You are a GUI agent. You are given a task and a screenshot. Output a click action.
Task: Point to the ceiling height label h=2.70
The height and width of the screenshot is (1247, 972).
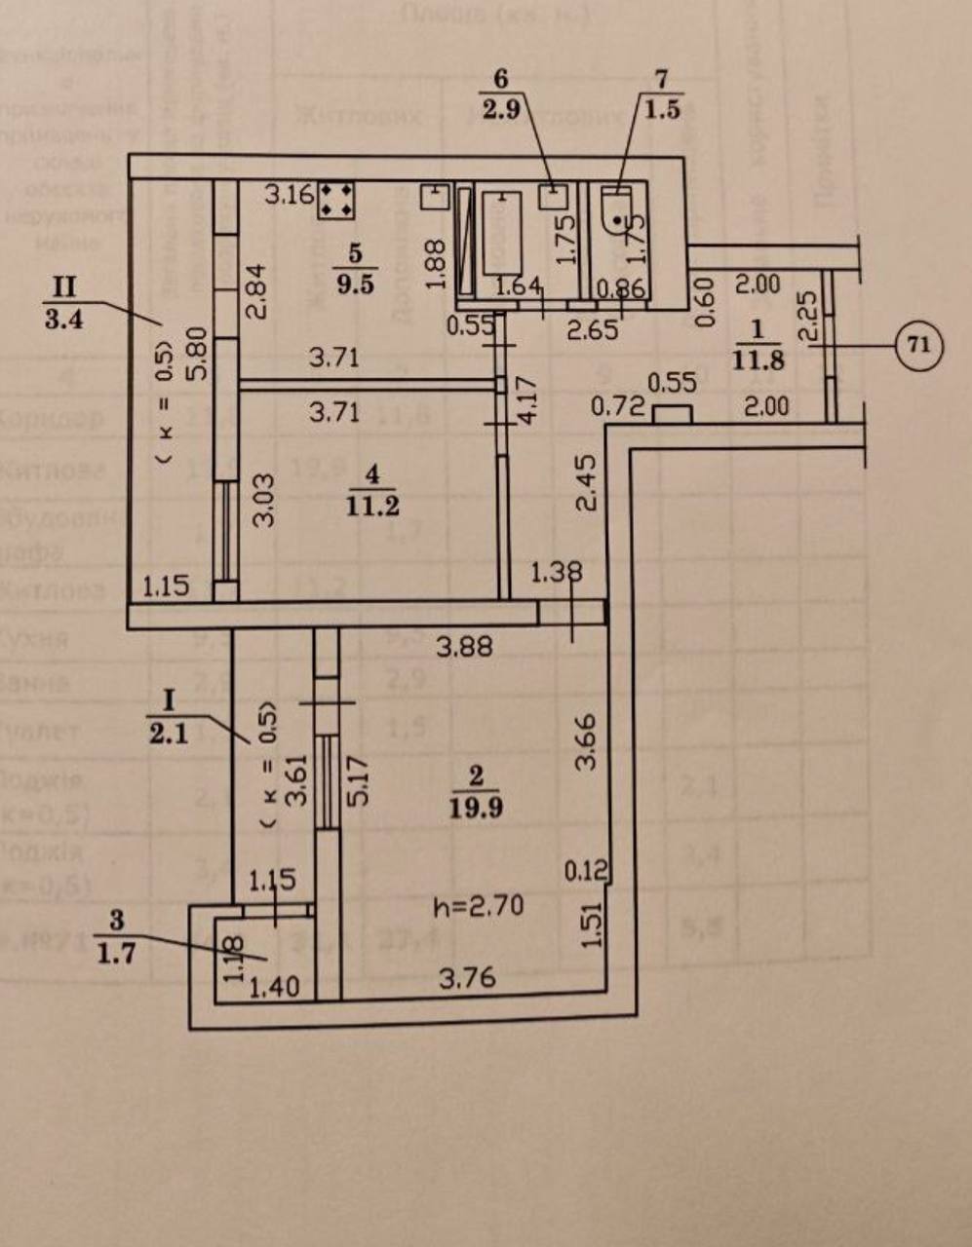[x=478, y=907]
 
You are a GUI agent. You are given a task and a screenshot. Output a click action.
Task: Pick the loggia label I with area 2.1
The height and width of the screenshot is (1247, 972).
[x=169, y=717]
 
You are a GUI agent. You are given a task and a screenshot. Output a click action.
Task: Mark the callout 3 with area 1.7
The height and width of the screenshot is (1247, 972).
[x=116, y=935]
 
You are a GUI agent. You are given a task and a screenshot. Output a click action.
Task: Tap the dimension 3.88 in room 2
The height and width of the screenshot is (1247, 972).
[x=464, y=646]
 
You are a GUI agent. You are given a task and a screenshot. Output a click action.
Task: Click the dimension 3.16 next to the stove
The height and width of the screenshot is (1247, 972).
[x=290, y=196]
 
